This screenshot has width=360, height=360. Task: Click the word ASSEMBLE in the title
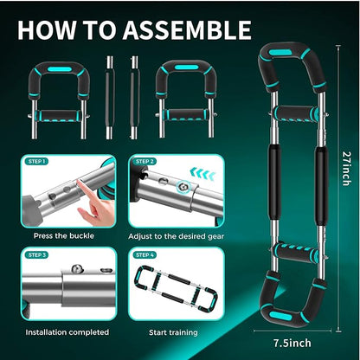click(x=187, y=29)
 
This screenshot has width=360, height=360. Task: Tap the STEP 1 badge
click(x=37, y=162)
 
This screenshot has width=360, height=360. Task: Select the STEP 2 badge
click(x=145, y=162)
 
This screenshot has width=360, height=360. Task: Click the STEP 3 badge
click(x=37, y=255)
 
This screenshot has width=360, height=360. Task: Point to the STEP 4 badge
click(x=145, y=255)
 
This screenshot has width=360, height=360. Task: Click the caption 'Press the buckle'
click(x=64, y=236)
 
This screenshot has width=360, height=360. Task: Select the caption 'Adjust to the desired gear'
click(x=176, y=236)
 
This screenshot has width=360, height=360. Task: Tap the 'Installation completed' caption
click(x=67, y=332)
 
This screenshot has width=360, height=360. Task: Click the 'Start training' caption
click(x=173, y=332)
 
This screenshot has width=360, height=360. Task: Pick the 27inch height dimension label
click(x=346, y=169)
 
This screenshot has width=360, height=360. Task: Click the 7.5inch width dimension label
click(x=292, y=343)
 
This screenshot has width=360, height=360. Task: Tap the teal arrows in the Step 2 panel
click(x=202, y=174)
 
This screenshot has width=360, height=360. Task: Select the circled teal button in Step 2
click(x=184, y=188)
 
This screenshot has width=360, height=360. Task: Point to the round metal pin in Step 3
click(x=77, y=268)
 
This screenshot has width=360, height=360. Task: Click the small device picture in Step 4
click(x=175, y=289)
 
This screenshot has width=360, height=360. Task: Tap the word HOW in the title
click(x=47, y=29)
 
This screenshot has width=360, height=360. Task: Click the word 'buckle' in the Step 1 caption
click(x=81, y=236)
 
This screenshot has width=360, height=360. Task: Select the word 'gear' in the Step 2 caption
click(x=215, y=237)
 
